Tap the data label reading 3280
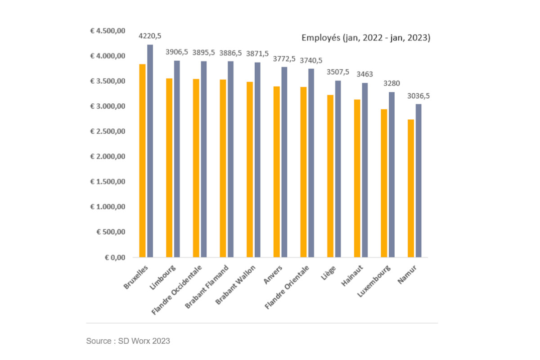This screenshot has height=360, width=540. tap(391, 84)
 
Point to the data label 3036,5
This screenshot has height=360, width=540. tap(418, 96)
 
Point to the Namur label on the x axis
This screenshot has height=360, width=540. tap(408, 275)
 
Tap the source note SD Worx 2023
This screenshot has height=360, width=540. tap(128, 341)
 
